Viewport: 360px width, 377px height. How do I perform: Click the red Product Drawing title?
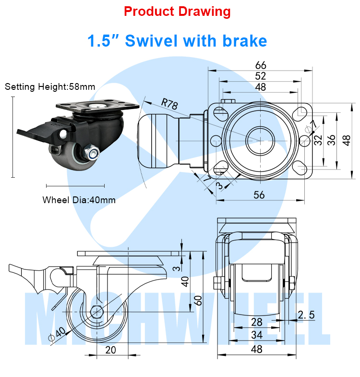coord(177,12)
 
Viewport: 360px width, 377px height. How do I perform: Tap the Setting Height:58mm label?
coord(50,87)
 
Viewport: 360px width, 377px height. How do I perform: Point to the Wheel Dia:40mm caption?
coord(79,200)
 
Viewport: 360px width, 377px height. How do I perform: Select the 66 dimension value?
coord(260,65)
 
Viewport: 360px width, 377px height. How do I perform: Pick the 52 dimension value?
coord(260,76)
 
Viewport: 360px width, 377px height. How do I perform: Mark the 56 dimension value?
coord(259,194)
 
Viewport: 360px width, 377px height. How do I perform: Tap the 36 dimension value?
coord(331,139)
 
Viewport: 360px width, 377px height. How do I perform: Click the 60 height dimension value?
coord(196,300)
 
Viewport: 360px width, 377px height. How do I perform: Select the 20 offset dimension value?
coord(111,350)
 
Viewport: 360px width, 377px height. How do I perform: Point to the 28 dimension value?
coord(256,321)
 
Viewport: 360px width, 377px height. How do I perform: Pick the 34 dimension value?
coord(256,335)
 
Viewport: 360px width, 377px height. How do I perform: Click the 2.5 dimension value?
coord(306,315)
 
